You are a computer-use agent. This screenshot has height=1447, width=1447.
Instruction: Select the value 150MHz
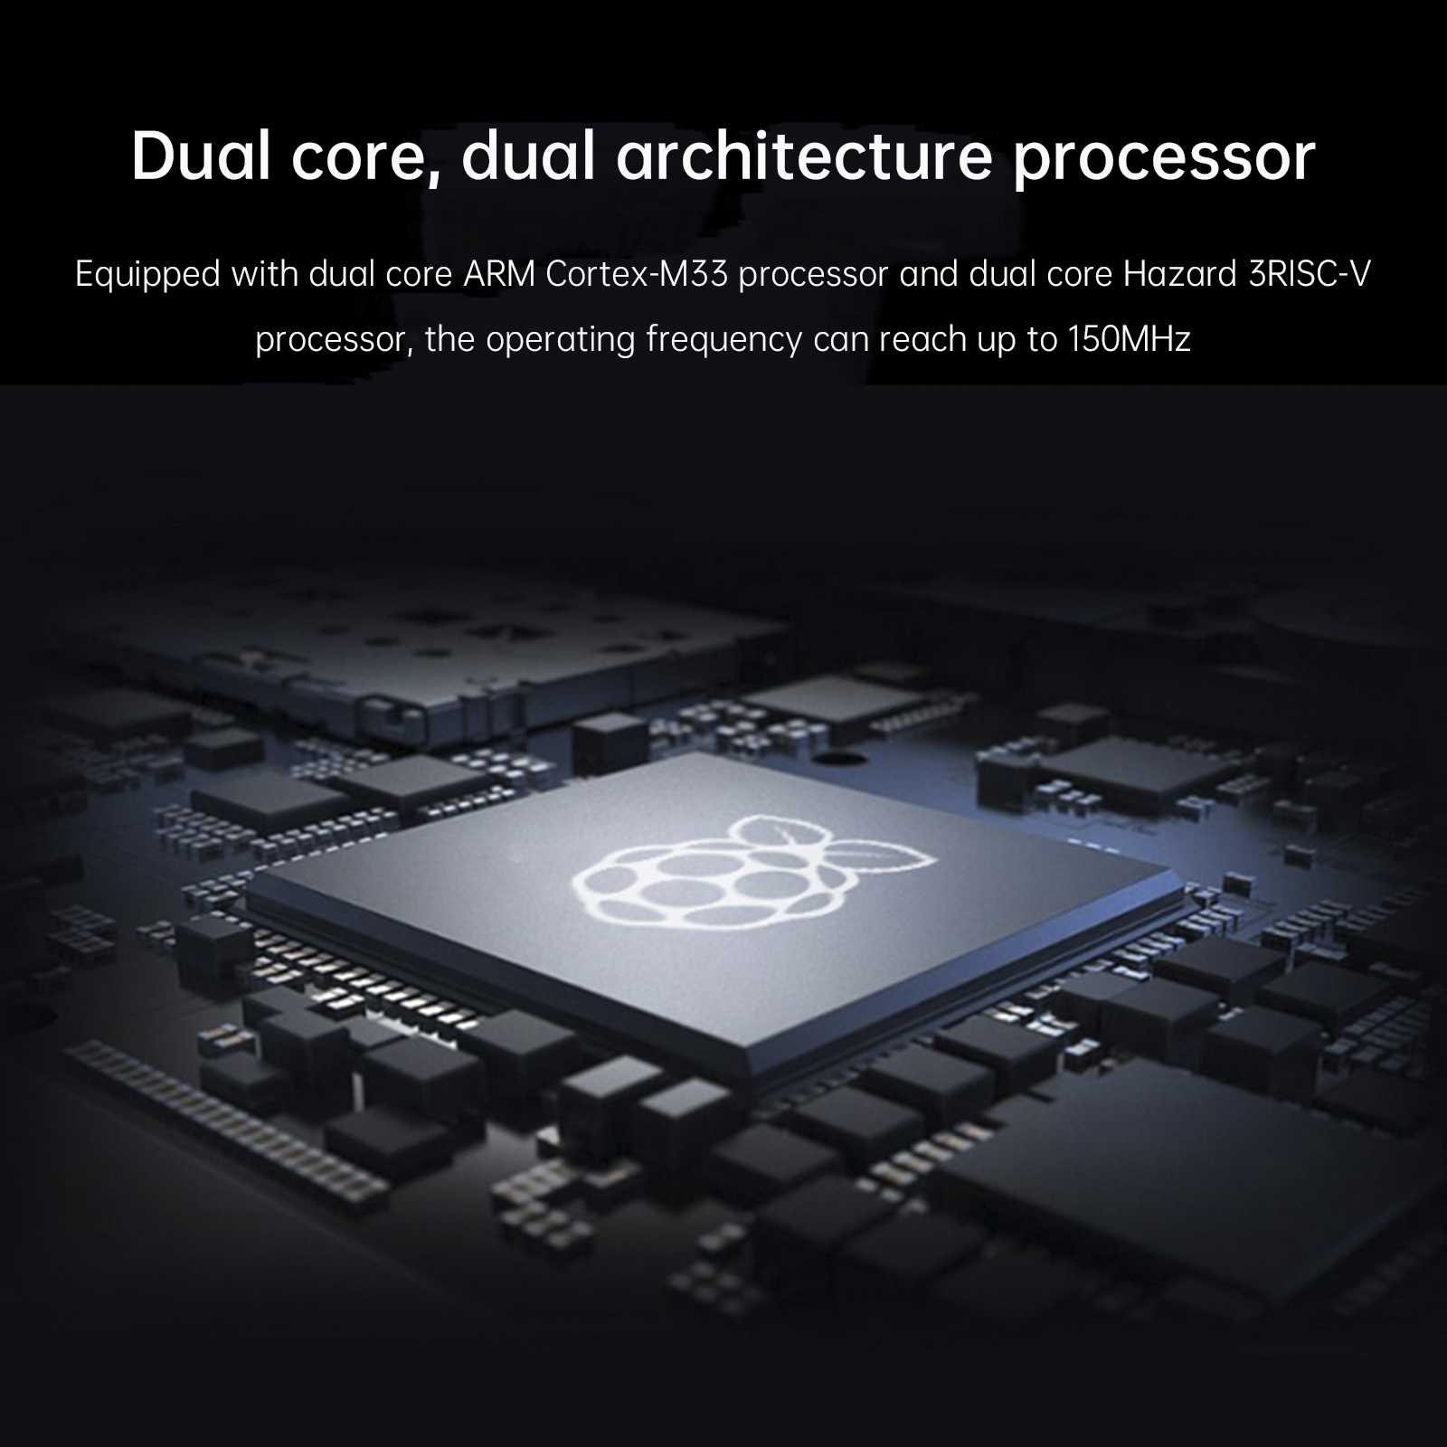pos(1129,340)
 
